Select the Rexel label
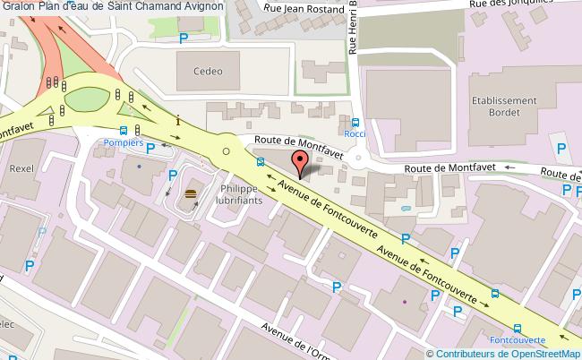tap(20, 167)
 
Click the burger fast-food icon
tap(190, 194)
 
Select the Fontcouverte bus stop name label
tap(518, 340)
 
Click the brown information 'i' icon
tap(179, 120)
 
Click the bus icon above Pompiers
tap(122, 130)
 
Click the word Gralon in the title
tap(18, 6)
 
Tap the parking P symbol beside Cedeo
tap(184, 38)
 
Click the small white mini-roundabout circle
tap(227, 152)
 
